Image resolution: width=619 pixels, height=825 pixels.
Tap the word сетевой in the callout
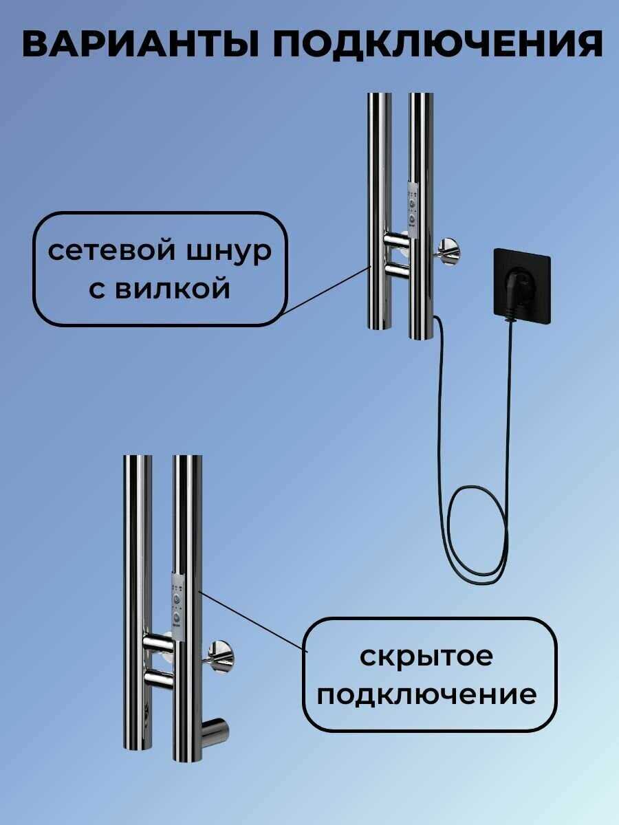pos(111,252)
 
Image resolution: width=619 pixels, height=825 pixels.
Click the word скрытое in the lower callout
pos(426,659)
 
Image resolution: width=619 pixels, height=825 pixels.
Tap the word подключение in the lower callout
pos(427,696)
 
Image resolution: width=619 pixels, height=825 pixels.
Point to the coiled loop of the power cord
pos(479,533)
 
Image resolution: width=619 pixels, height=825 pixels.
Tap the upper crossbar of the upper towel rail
pos(396,240)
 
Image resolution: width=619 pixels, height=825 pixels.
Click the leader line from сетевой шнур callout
pos(326,291)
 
